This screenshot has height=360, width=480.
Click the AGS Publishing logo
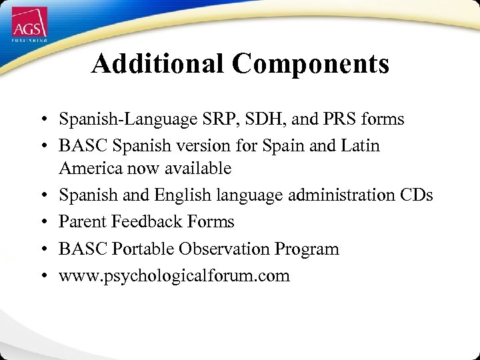coord(29,27)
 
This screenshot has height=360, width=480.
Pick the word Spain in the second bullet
coord(289,145)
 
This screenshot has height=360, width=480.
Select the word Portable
coord(139,249)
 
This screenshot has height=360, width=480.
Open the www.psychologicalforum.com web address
coord(174,276)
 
